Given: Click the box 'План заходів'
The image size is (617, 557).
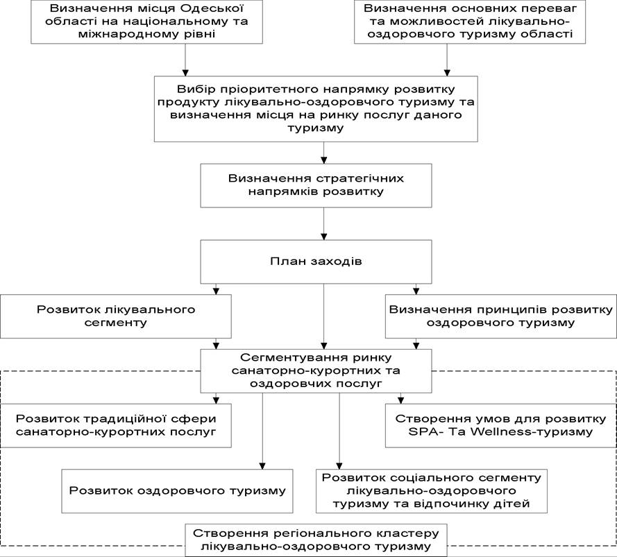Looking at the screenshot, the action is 316,262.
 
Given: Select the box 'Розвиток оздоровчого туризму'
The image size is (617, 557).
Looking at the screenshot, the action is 177,491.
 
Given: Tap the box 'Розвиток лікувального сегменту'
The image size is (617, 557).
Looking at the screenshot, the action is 116,316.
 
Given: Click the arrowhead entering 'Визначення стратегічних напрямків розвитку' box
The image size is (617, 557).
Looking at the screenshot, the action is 324,160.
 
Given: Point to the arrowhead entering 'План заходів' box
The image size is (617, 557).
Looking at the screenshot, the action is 324,237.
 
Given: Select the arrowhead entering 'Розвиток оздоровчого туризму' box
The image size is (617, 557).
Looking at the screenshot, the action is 262,465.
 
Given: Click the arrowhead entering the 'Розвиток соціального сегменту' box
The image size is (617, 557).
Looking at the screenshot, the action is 339,465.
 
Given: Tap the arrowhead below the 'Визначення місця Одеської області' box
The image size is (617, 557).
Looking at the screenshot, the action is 185,73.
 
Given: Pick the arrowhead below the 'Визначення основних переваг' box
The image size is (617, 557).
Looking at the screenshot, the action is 447,73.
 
